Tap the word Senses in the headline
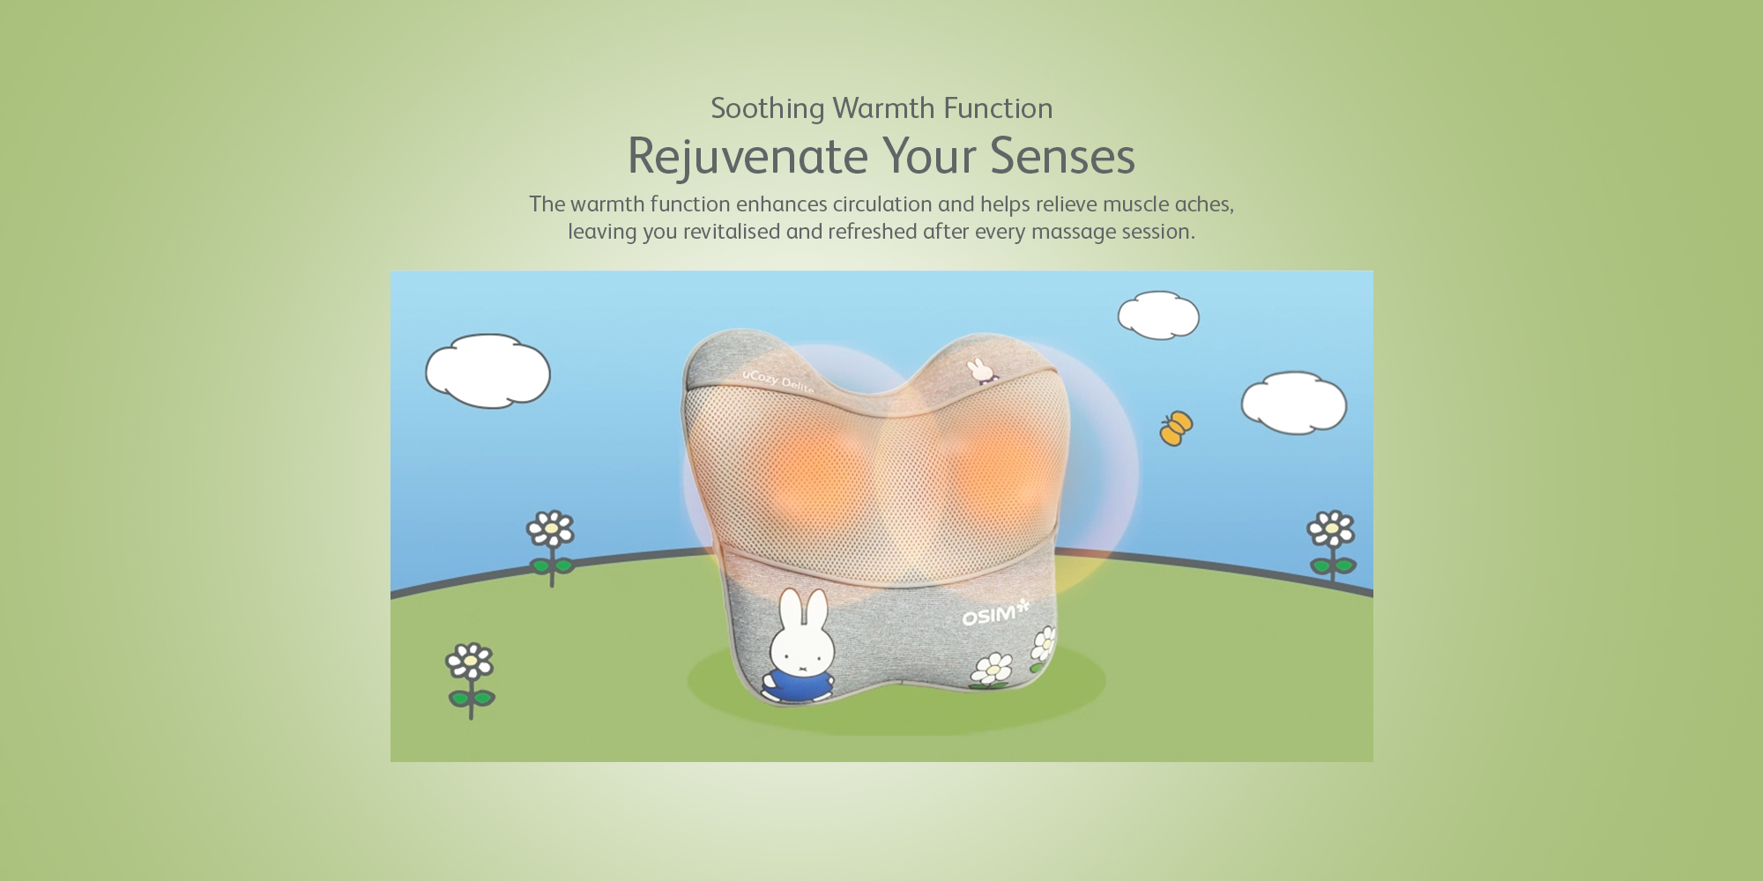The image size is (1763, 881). click(x=1062, y=157)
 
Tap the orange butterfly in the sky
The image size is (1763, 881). click(x=1176, y=428)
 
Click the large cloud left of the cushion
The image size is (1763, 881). click(x=487, y=371)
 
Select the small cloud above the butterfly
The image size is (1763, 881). click(x=1158, y=315)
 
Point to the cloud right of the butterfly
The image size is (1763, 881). click(x=1294, y=403)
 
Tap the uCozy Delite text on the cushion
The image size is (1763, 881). click(x=777, y=381)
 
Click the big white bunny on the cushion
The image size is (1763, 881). click(x=800, y=647)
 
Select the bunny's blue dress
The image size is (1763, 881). click(x=798, y=685)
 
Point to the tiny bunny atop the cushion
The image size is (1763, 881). click(x=980, y=370)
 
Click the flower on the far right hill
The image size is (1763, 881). click(x=1332, y=544)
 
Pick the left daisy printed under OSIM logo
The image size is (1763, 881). click(x=993, y=670)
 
